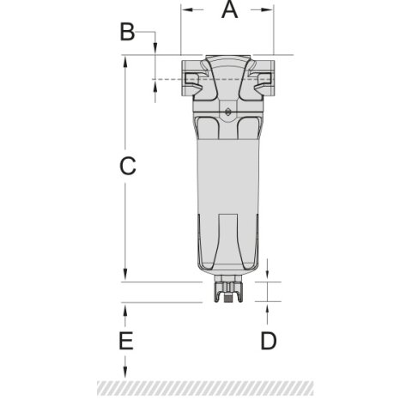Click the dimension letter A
tap(227, 11)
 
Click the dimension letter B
tap(127, 33)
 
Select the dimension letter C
tap(127, 167)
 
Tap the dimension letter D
tap(269, 341)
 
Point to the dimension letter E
tap(126, 341)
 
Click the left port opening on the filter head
tap(192, 80)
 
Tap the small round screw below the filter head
tap(227, 112)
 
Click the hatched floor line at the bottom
tap(206, 388)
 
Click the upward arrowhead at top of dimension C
tap(126, 61)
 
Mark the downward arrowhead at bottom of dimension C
tap(126, 275)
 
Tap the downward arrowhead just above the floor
tap(126, 375)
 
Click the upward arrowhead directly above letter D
tap(269, 307)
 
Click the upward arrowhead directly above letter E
tap(126, 308)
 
